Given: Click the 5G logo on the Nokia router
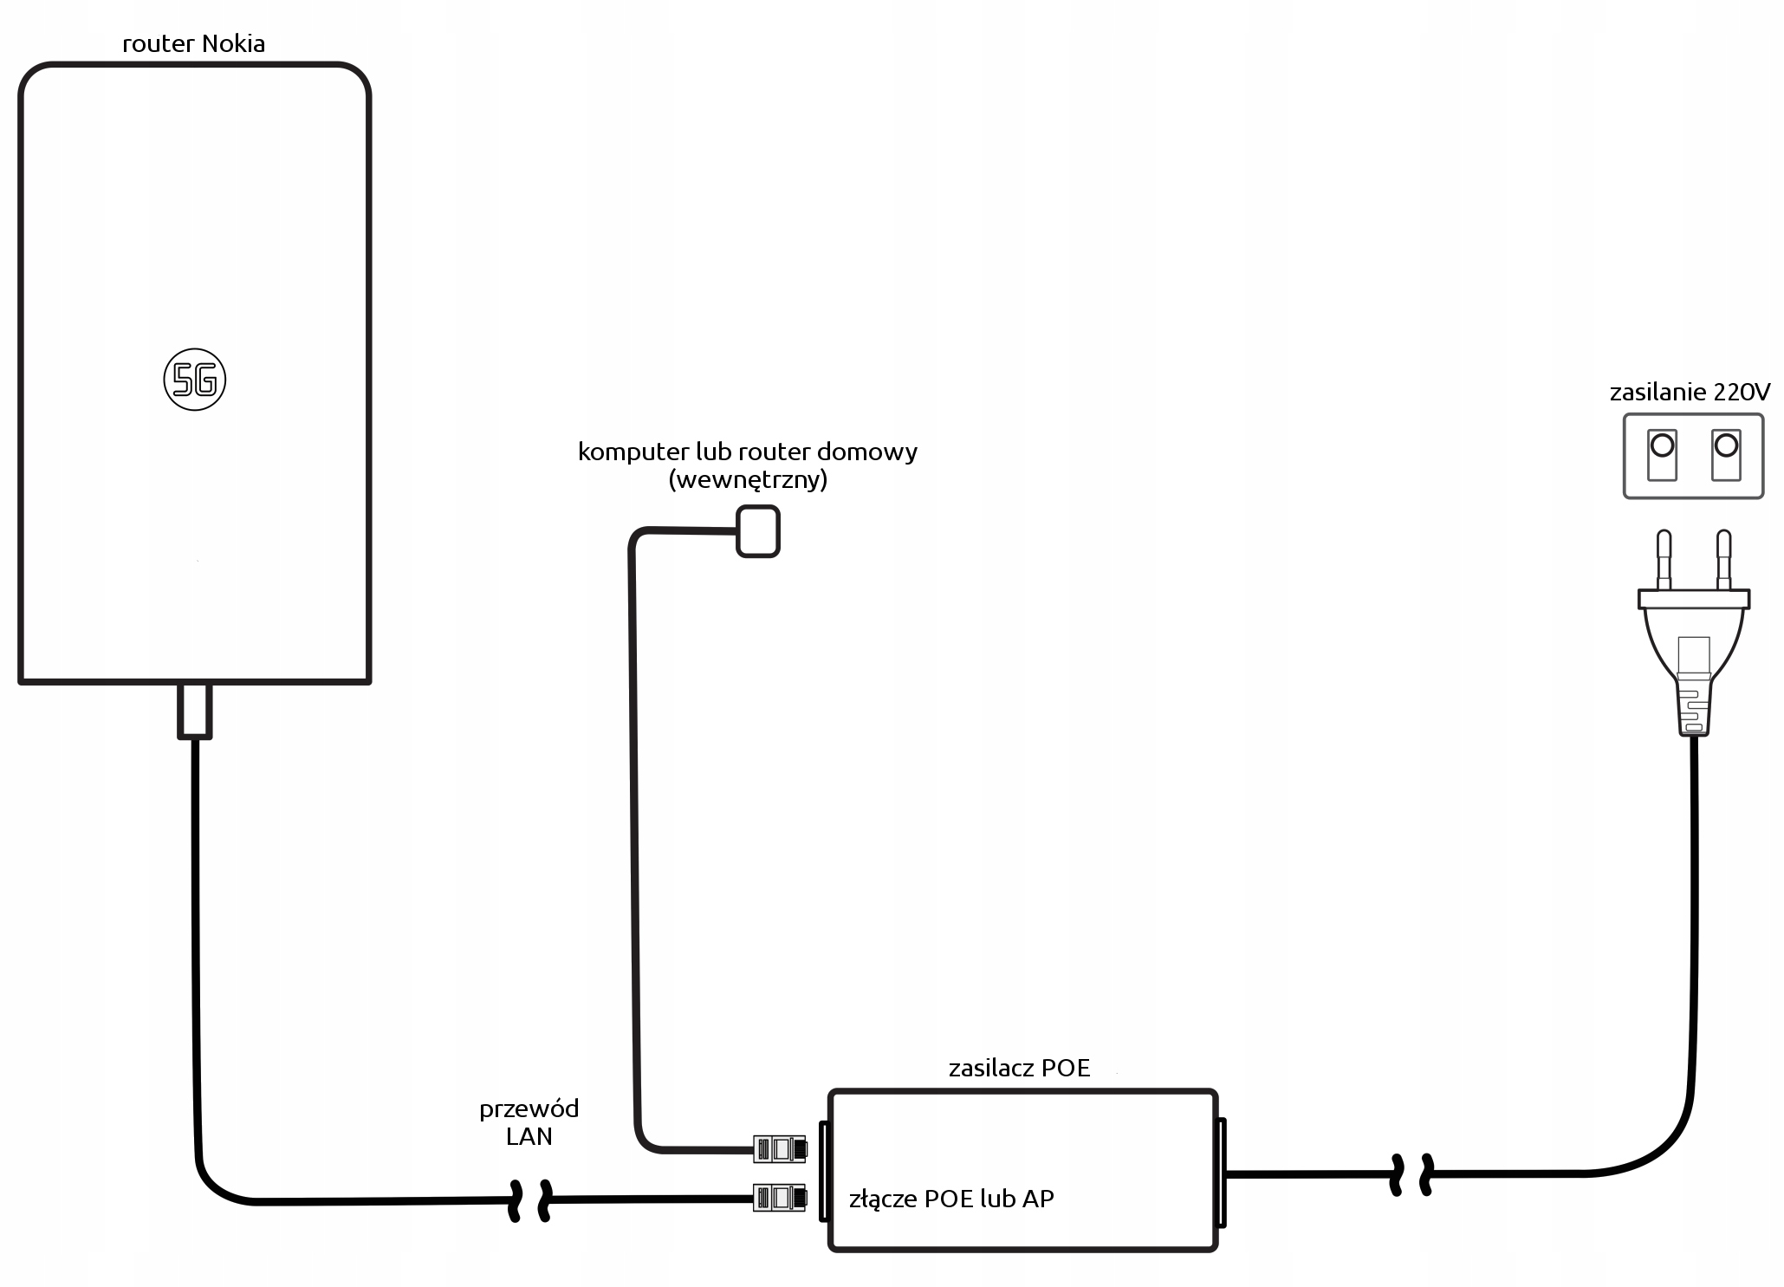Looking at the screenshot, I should [195, 380].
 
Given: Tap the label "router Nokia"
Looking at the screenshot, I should [194, 43].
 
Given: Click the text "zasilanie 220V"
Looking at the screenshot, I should [1690, 392].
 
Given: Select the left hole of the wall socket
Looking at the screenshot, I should [1662, 446].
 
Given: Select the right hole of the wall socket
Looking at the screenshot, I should [1726, 446].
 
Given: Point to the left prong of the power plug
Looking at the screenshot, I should [1663, 560].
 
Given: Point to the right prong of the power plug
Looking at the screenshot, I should [1723, 560].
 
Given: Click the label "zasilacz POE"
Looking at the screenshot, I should [1019, 1068].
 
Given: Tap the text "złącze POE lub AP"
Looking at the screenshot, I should [951, 1199].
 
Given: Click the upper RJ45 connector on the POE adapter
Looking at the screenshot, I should [780, 1149].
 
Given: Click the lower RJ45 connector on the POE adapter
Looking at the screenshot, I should [780, 1198].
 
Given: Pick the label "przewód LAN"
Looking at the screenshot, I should [529, 1122].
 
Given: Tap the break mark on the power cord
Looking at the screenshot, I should [1411, 1175].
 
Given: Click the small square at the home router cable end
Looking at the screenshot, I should [758, 531].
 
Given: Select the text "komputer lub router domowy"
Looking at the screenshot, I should [747, 452].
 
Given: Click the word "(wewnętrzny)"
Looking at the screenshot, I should [748, 479].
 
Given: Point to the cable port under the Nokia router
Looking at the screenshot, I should [195, 710].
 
